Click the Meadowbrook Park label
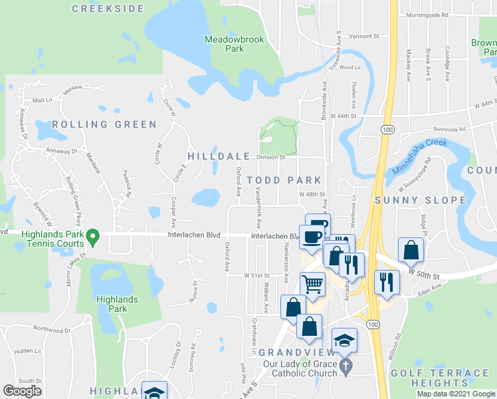(234, 44)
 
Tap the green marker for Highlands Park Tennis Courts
(94, 235)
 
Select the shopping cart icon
(312, 285)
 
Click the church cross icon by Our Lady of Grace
(345, 366)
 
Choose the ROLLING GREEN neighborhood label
(104, 124)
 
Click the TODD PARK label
(284, 180)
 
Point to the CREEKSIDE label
(108, 9)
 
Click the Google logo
(22, 391)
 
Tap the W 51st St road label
(257, 275)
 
